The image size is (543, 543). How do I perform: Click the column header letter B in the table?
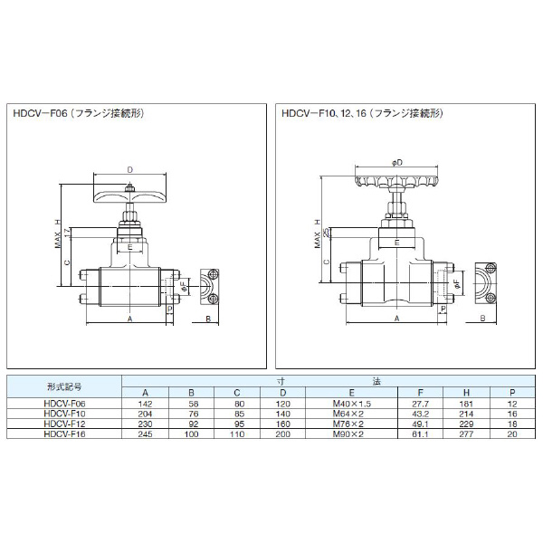(192, 393)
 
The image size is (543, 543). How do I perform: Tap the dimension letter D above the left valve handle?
(130, 170)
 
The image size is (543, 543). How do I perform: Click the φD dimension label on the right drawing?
(396, 162)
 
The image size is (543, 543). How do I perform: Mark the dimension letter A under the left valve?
(129, 319)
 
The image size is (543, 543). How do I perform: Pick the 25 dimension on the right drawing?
(328, 233)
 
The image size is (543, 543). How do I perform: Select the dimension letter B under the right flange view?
(481, 319)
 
